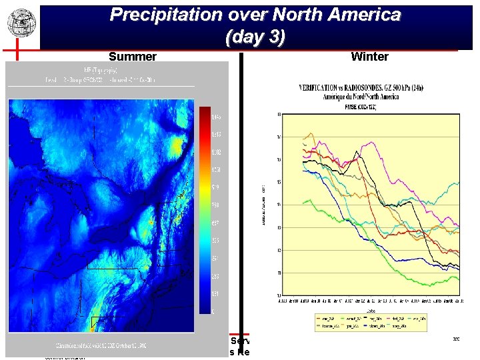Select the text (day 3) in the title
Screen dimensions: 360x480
[255, 38]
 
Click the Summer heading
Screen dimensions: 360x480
[133, 57]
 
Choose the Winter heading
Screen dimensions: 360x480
[369, 57]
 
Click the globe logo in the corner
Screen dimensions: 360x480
[21, 23]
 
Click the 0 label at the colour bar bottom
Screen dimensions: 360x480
[213, 311]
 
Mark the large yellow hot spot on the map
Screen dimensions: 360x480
[176, 145]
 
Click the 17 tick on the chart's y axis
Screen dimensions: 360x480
[278, 137]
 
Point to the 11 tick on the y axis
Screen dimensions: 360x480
[278, 273]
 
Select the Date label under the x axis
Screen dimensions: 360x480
[368, 310]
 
